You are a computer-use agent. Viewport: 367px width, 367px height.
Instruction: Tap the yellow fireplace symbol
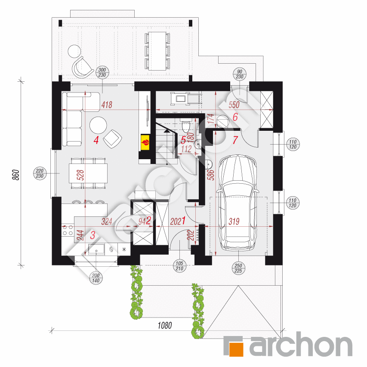click(x=145, y=142)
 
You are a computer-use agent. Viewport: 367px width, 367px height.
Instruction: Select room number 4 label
click(x=96, y=140)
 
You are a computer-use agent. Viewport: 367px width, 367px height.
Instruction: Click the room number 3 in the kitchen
click(x=93, y=235)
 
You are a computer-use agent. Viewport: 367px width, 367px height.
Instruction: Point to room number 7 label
click(x=235, y=140)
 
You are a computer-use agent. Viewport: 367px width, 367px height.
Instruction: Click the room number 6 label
click(x=235, y=117)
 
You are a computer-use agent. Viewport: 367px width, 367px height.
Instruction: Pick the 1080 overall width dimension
click(x=164, y=325)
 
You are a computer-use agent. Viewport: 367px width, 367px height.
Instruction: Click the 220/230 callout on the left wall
click(x=40, y=173)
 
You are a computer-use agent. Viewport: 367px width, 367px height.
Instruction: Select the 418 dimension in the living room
click(x=107, y=104)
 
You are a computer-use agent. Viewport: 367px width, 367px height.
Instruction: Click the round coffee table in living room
click(x=99, y=125)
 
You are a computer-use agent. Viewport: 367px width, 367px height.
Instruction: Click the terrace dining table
click(x=157, y=50)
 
